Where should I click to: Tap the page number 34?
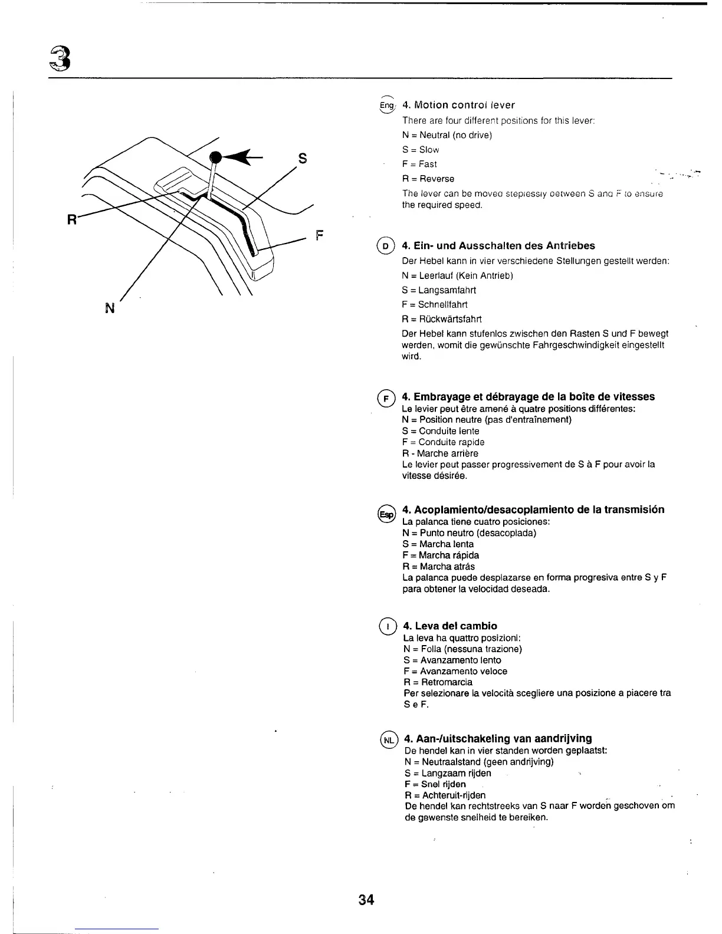pos(366,900)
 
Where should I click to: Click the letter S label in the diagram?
pos(302,158)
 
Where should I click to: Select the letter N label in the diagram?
pos(109,307)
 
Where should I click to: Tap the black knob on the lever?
pos(216,156)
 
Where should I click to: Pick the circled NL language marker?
pos(389,739)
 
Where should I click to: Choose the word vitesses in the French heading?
pos(632,396)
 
